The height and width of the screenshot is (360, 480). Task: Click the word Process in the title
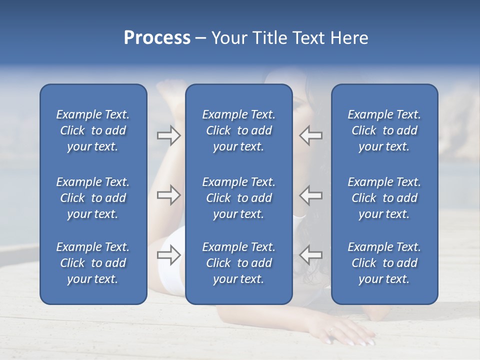157,38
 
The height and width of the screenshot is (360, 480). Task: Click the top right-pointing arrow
168,135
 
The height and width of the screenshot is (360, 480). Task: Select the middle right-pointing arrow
168,195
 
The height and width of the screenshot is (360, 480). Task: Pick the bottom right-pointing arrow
168,255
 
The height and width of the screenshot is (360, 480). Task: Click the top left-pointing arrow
311,135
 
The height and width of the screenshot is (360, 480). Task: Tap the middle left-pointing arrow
311,195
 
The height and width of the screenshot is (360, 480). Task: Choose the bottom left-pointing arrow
311,255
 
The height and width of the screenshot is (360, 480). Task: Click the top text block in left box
93,130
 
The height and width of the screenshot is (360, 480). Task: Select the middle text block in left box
93,198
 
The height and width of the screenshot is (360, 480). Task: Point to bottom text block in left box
93,263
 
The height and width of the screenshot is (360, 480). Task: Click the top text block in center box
238,130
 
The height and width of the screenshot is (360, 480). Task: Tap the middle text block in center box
238,198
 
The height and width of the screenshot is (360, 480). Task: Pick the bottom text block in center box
238,263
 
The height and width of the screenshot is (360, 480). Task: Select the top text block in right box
384,130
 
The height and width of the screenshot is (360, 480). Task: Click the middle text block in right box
384,198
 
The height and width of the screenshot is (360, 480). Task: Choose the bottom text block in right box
384,263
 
